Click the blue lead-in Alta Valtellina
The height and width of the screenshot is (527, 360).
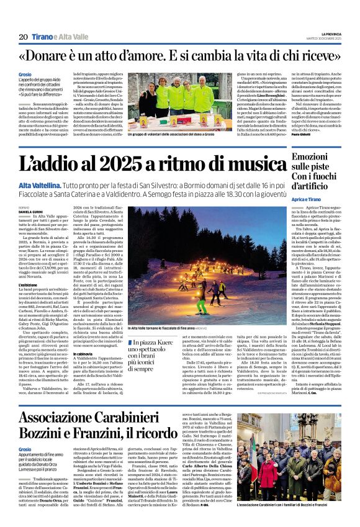pos(39,186)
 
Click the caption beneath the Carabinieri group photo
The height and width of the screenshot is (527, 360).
pos(279,505)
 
